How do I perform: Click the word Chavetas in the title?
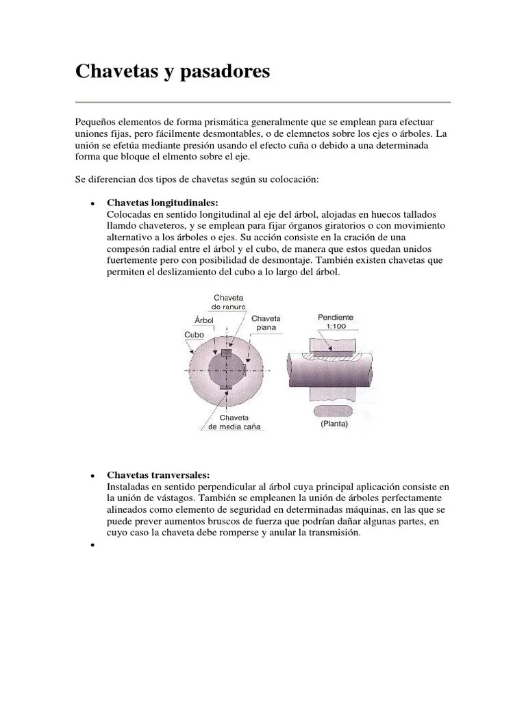point(114,72)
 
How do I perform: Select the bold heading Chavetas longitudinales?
point(162,203)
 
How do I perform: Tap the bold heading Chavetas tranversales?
point(158,475)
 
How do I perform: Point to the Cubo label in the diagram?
point(195,335)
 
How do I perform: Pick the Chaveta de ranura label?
point(229,302)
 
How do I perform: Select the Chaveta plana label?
point(266,322)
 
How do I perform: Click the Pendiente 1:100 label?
point(336,322)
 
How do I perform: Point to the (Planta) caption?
point(334,424)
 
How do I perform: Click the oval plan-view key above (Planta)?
point(334,410)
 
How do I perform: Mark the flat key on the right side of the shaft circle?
point(244,370)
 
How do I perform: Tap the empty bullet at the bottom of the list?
point(91,546)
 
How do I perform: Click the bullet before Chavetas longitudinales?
point(91,204)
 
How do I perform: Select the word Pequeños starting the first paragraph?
point(96,121)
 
